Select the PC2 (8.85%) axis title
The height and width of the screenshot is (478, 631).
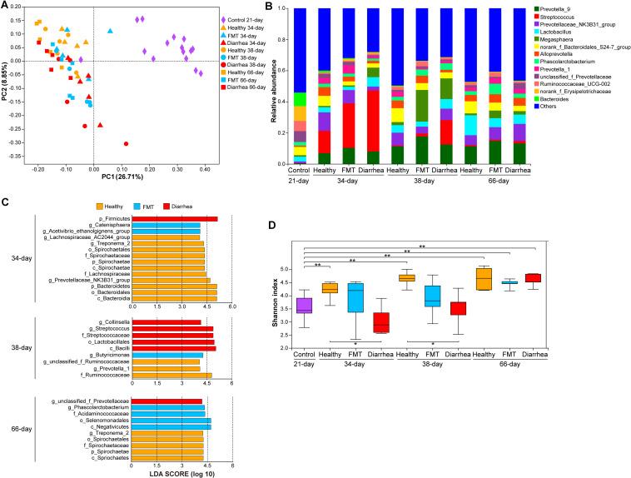click(10, 83)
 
